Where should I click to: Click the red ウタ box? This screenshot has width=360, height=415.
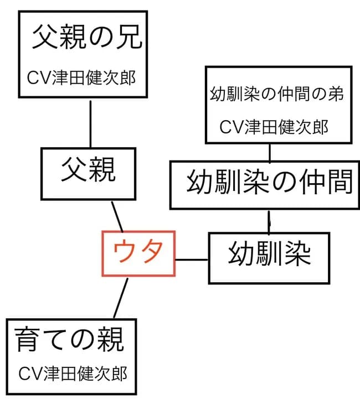click(x=138, y=253)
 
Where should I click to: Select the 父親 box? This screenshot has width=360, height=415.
click(x=89, y=173)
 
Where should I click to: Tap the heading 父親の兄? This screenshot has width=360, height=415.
click(x=88, y=38)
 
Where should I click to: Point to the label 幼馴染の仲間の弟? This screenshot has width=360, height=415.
click(x=277, y=94)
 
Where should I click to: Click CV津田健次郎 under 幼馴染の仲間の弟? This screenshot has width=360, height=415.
click(x=274, y=127)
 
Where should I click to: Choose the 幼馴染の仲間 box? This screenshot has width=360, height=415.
click(x=269, y=184)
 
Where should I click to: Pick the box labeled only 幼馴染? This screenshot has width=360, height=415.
click(x=269, y=257)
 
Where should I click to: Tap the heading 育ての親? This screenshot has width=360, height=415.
click(x=69, y=339)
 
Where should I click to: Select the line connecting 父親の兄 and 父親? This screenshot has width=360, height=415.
click(x=90, y=124)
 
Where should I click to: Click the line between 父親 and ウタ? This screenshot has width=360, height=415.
click(x=117, y=216)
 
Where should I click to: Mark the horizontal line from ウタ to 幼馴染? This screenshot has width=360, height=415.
click(x=192, y=258)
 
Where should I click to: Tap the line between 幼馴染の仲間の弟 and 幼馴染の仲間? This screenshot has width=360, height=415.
click(x=269, y=152)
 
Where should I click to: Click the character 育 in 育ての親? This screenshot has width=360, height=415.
click(x=27, y=339)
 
